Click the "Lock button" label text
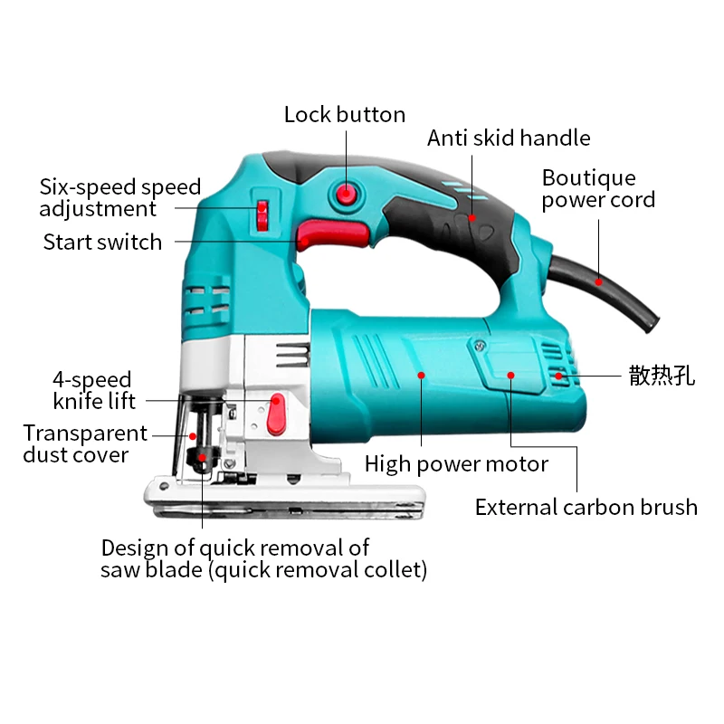[x=344, y=115]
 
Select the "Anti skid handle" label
[x=509, y=138]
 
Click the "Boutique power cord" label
[x=598, y=189]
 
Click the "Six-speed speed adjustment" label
[x=119, y=198]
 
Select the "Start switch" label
[x=102, y=243]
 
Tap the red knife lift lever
[x=276, y=413]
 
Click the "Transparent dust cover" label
[x=84, y=444]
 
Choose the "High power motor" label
[x=456, y=465]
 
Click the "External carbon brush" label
[x=586, y=508]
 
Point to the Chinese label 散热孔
[x=662, y=376]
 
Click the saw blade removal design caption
[x=263, y=558]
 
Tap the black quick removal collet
[x=201, y=457]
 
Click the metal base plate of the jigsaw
[x=290, y=500]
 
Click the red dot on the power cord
[x=598, y=281]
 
